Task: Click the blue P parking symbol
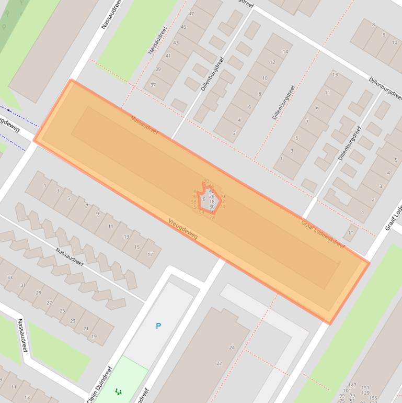point(158,326)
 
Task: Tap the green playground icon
point(119,391)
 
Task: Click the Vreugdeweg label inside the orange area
point(183,229)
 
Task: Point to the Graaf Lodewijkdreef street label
point(323,233)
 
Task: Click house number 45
point(183,27)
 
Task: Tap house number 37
point(153,85)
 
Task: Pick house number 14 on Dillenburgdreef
point(285,51)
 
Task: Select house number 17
point(150,254)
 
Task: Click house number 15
point(137,247)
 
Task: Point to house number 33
point(10,277)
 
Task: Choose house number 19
point(94,337)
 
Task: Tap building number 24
point(232,348)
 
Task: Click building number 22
point(219,363)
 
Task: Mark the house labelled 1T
point(351,233)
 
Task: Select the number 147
point(352,385)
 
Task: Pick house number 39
point(158,69)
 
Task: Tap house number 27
point(49,303)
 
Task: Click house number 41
point(168,55)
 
